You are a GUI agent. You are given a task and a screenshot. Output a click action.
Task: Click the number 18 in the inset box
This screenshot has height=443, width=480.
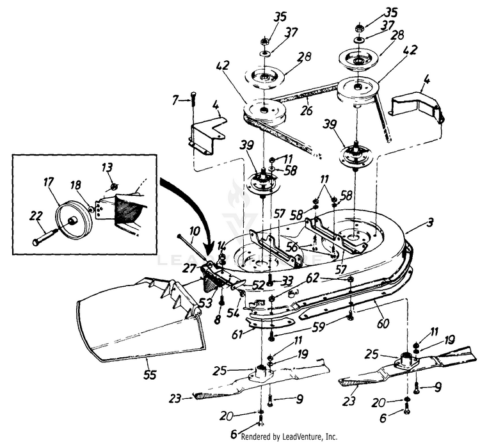coord(76,185)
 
